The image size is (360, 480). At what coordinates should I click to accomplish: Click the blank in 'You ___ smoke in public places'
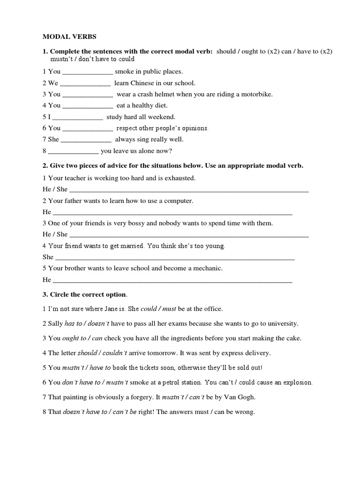87,72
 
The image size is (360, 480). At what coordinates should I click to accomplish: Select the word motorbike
256,94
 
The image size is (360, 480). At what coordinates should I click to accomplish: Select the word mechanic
207,268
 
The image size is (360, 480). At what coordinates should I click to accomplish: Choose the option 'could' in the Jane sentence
148,309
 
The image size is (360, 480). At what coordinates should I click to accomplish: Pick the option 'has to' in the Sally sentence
73,323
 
